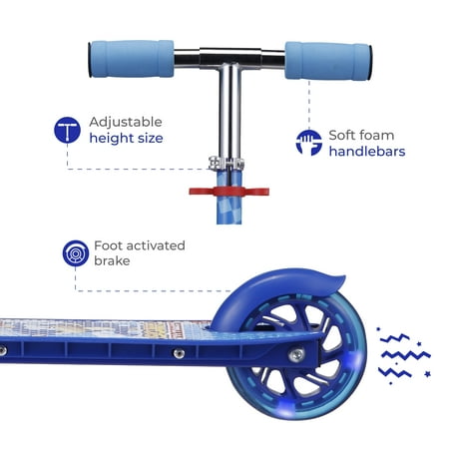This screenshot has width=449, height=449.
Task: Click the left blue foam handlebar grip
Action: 132,59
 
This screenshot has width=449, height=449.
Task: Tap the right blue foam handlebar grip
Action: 328,61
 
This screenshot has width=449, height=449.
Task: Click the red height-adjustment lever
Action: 228,192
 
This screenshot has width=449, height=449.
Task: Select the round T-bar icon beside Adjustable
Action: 67,130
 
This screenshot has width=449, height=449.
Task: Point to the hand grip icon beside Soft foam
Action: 309,143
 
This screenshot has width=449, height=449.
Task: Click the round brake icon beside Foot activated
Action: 76,253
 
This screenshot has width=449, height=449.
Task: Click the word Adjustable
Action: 126,122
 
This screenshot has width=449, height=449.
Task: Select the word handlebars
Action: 367,152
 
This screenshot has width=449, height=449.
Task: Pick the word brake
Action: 112,260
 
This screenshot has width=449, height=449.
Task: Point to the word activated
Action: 156,245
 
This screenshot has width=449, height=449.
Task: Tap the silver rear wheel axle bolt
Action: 296,355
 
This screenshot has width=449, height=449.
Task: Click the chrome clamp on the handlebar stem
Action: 226,163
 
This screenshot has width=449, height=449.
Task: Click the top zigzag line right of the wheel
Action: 395,338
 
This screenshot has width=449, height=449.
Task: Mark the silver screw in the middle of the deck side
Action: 179,353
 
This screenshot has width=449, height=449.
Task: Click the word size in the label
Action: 151,138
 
